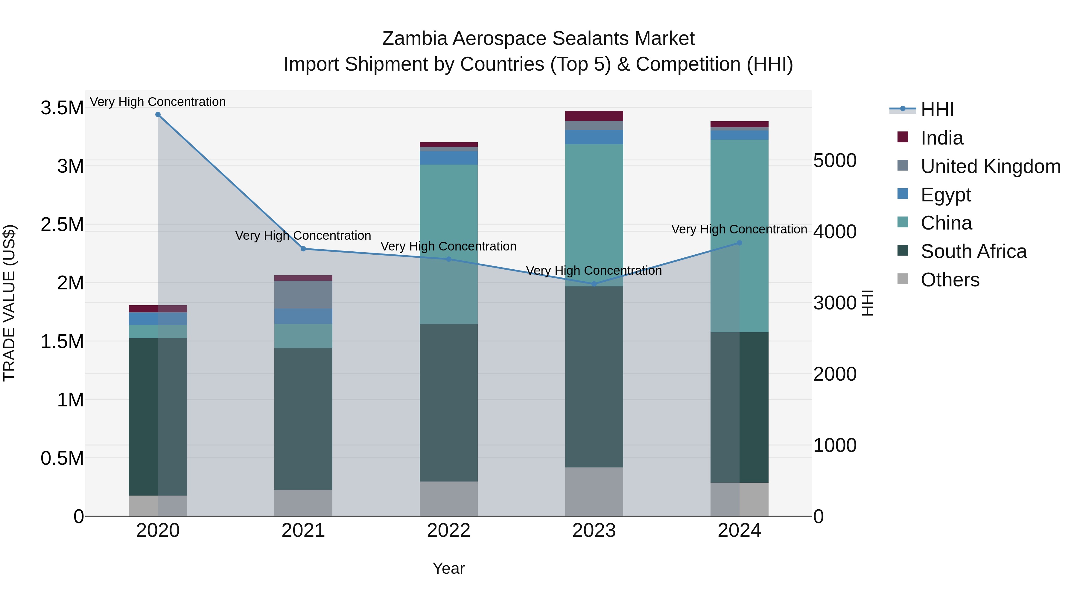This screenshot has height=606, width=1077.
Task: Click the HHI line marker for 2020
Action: tap(158, 115)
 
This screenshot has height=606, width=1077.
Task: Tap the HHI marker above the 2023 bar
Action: tap(594, 284)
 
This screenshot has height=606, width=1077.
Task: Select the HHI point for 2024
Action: tap(739, 243)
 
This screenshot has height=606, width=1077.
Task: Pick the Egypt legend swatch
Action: tap(903, 194)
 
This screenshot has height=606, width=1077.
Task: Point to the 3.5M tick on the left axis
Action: tap(62, 108)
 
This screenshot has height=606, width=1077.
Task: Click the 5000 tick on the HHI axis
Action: tap(834, 161)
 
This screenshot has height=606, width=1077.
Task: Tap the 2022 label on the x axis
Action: tap(449, 531)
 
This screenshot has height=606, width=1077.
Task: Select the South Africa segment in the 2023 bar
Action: tap(594, 376)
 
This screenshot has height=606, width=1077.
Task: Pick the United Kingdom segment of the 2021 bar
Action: tap(303, 294)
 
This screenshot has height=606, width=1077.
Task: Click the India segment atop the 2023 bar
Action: tap(594, 116)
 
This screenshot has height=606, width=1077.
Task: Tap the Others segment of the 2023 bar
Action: tap(594, 491)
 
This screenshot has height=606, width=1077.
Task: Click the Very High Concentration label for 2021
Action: tap(303, 236)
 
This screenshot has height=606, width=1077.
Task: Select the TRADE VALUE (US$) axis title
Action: tap(9, 303)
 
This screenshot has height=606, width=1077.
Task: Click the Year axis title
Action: tap(449, 568)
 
